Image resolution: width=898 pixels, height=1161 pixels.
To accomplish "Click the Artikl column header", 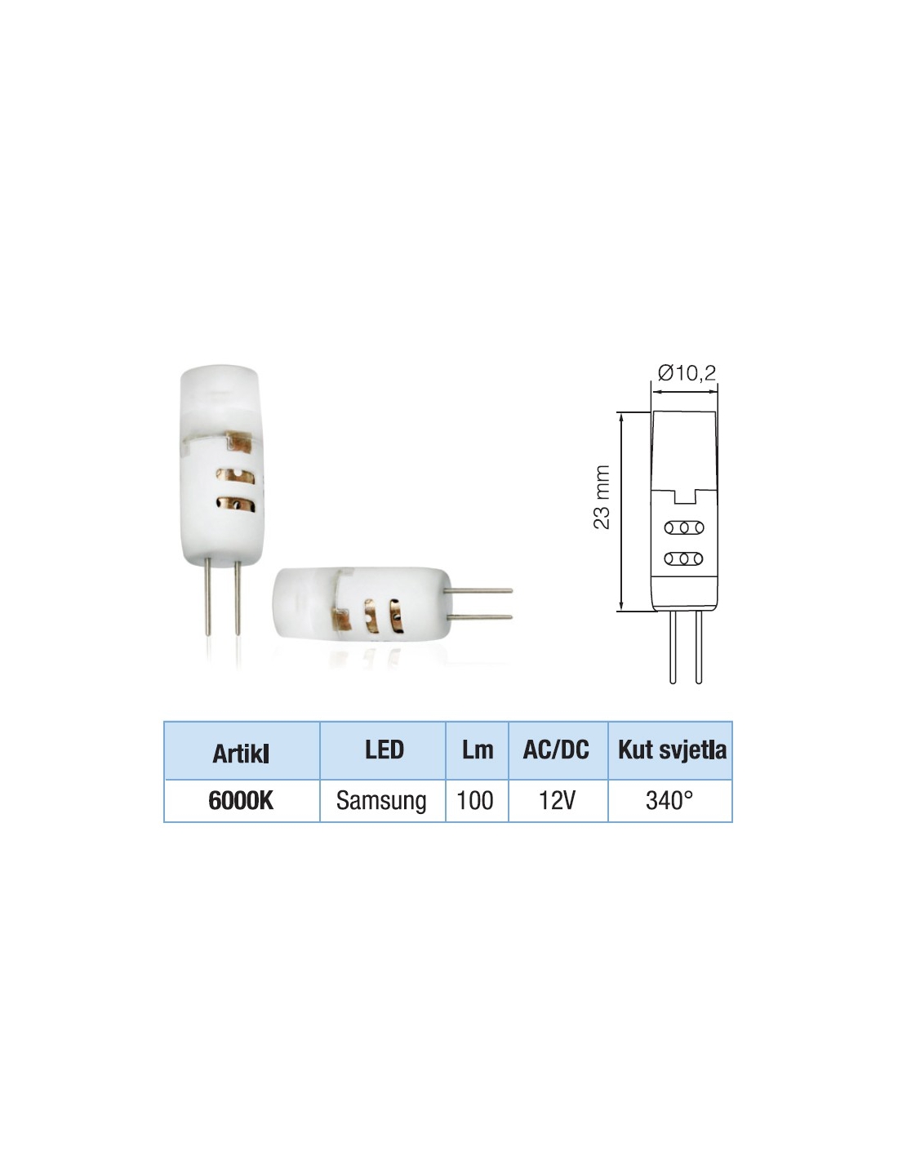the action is coord(240,754).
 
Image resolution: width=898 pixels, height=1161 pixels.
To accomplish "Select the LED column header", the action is coord(384,750).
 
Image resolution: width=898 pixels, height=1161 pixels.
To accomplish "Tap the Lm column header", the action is coord(477,750).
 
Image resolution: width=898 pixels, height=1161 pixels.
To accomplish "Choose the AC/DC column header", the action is coord(556,750).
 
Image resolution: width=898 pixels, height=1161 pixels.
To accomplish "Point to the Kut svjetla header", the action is coord(672,750).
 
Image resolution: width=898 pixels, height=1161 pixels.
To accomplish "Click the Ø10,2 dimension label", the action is coord(687,372).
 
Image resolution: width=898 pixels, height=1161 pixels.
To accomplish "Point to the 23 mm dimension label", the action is coord(602,497).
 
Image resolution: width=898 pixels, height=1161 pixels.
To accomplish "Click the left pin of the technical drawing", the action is coord(673,647).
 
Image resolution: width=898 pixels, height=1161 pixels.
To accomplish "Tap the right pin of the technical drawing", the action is coord(698,647).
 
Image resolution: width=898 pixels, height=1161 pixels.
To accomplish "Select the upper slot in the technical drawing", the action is coord(684,528).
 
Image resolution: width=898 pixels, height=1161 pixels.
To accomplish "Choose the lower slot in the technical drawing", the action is coord(684,558).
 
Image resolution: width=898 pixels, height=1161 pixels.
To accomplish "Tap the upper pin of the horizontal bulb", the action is coord(478,590).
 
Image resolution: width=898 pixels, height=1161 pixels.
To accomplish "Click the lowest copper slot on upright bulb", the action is coord(236,505).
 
